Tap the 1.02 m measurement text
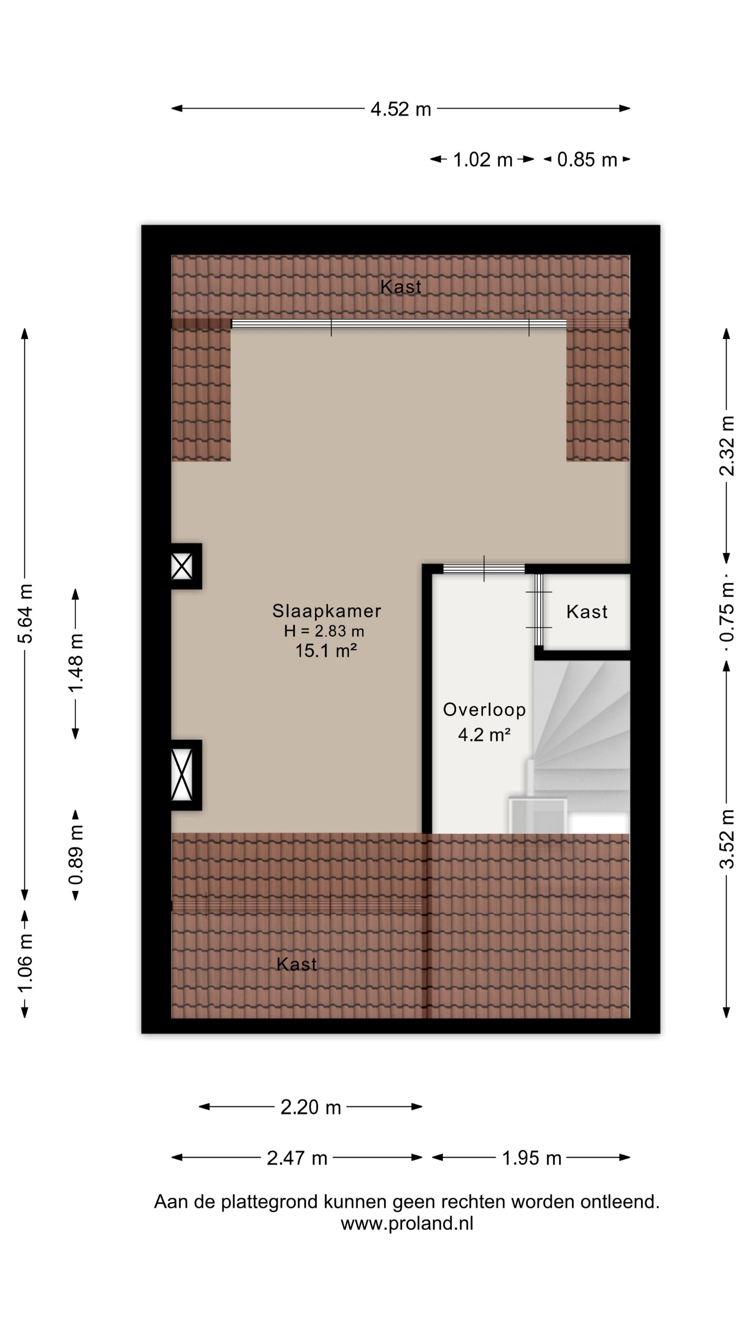483,160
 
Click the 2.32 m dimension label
727,446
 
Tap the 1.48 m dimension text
76,663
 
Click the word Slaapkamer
326,611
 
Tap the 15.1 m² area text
326,650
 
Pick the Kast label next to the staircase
587,612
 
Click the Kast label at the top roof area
401,286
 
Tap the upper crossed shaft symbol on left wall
181,566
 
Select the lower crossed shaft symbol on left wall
181,775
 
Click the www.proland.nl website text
407,1224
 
